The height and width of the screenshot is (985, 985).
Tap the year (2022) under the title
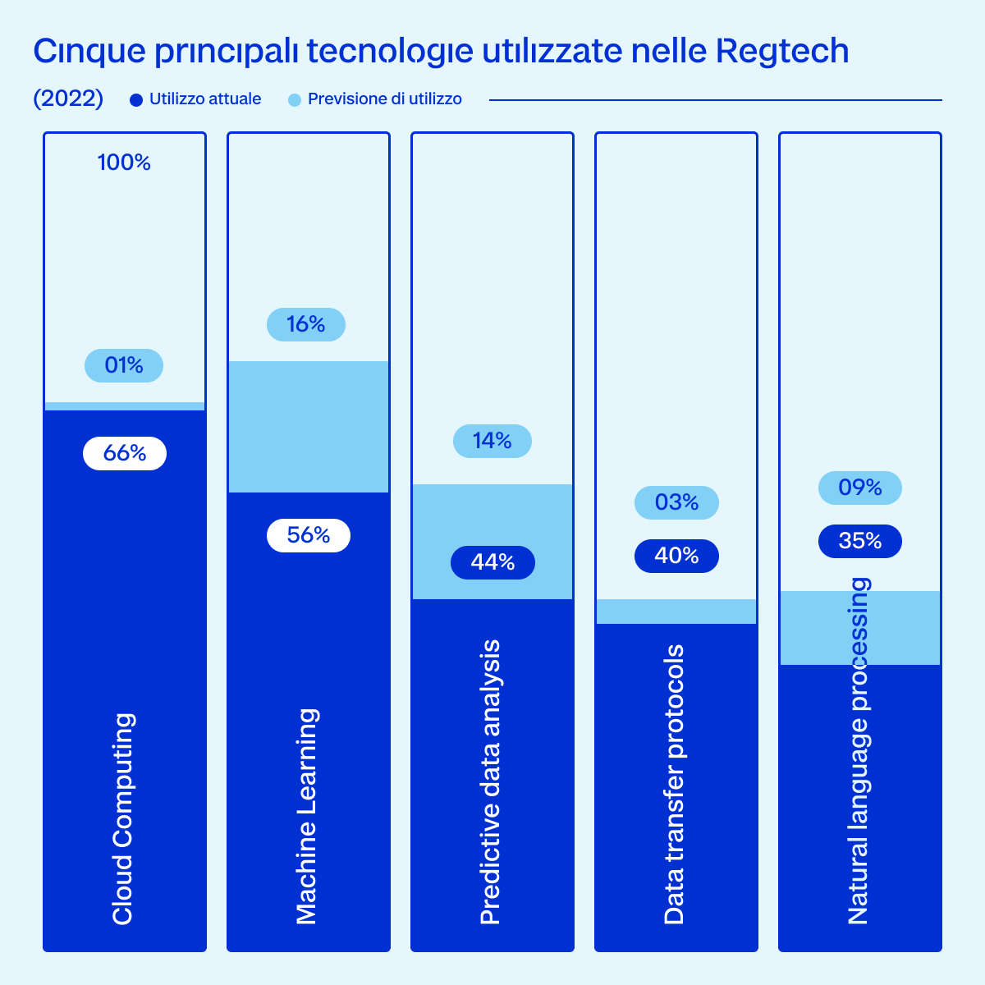pos(68,98)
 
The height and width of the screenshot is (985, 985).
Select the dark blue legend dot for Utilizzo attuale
pos(136,100)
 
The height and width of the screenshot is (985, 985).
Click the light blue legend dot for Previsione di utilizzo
pos(295,100)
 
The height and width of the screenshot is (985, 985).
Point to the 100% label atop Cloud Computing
pos(124,163)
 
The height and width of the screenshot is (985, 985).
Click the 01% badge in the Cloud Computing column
pos(124,365)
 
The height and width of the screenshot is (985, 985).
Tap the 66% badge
pos(125,453)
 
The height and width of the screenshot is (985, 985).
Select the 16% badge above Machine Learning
pos(306,324)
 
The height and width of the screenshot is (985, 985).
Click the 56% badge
pos(309,536)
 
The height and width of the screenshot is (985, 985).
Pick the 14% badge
pos(492,441)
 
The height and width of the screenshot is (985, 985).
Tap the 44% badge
pos(492,563)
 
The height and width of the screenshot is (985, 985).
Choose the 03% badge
pos(676,503)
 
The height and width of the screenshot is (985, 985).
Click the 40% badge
pos(676,557)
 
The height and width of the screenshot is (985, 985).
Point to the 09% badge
pos(860,488)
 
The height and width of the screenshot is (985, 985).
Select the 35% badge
pos(860,541)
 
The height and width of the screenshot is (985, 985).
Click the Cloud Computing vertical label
pos(123,818)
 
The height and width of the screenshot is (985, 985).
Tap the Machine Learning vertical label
pos(307,816)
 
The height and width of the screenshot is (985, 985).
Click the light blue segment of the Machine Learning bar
pos(309,427)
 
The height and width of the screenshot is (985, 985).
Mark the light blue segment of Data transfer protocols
pos(676,612)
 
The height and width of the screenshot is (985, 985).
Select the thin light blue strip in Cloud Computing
pos(125,406)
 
